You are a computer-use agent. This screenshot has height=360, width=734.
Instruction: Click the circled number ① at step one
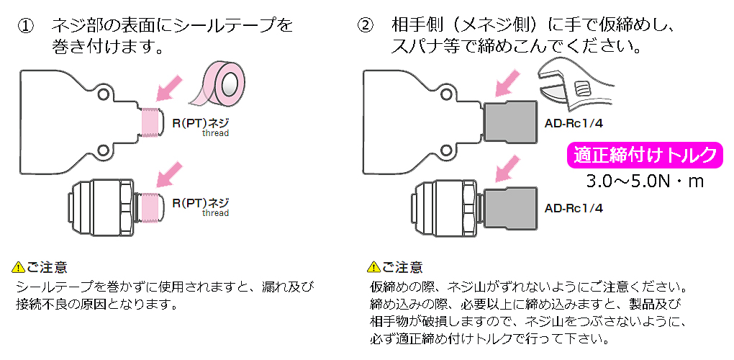click(x=27, y=26)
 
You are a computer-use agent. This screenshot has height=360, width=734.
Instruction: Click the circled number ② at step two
click(x=366, y=26)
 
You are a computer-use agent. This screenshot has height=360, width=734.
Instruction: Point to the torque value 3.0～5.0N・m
click(x=645, y=181)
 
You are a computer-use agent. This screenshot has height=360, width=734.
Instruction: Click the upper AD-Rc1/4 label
click(x=574, y=123)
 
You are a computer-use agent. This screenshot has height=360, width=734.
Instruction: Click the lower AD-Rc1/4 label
click(x=574, y=209)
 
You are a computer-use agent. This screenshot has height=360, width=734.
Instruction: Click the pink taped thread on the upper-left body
click(x=149, y=122)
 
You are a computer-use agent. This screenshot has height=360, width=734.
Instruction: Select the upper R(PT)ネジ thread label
click(x=200, y=122)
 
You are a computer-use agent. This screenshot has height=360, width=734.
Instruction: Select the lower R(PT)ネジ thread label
click(x=200, y=202)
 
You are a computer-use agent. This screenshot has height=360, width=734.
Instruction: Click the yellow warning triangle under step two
click(x=373, y=268)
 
